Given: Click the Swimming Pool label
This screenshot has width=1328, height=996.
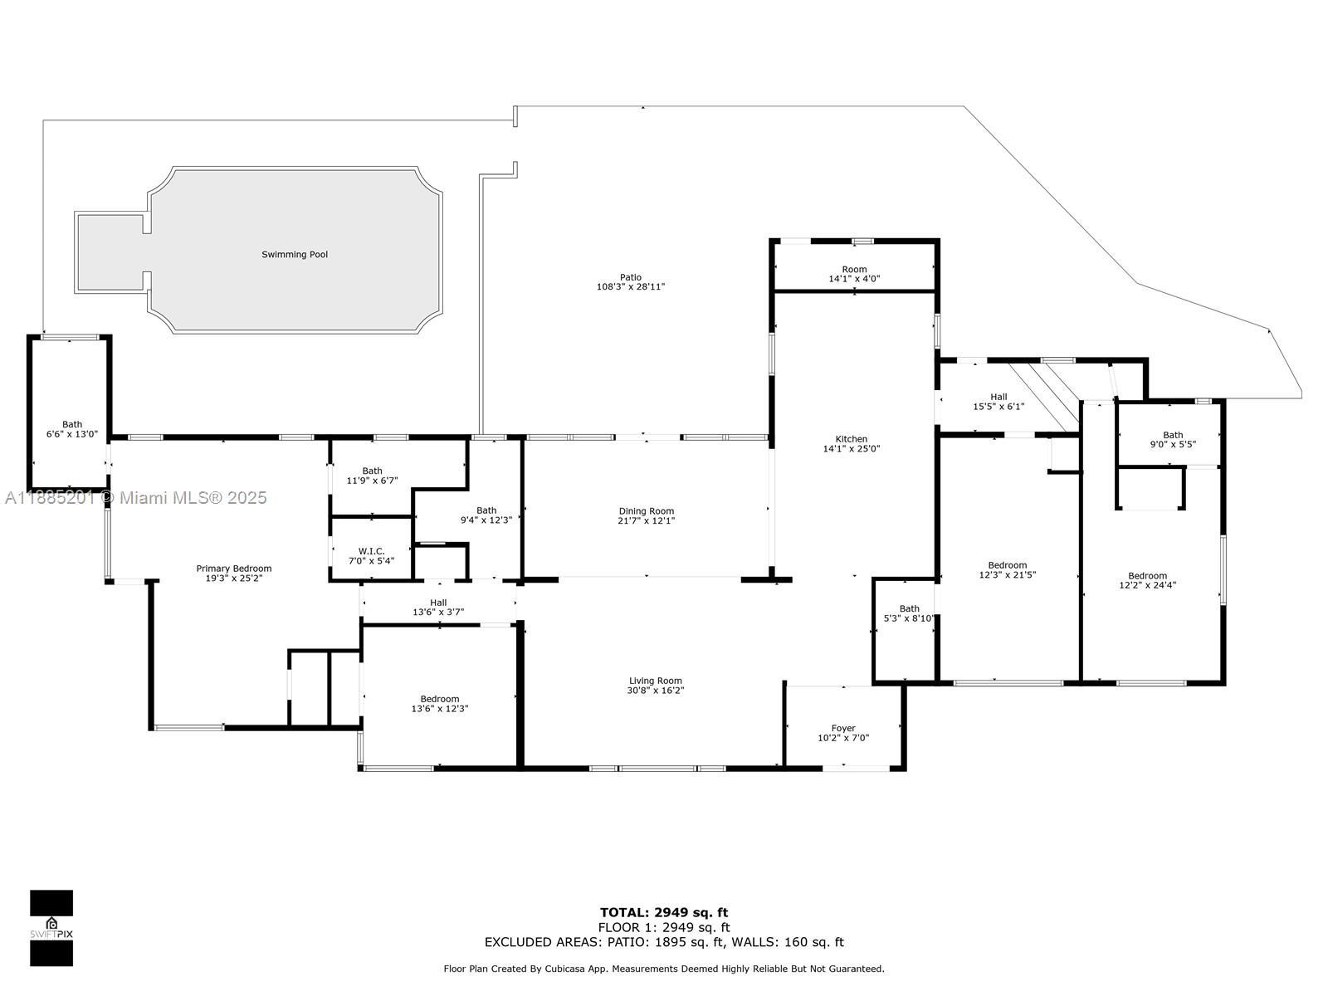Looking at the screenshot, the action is [x=295, y=255].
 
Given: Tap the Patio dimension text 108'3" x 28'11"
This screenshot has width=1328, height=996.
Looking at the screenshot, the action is [x=631, y=286].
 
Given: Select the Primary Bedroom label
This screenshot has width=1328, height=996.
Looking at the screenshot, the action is [x=234, y=569].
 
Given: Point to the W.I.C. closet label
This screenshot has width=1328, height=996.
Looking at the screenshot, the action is [x=372, y=551].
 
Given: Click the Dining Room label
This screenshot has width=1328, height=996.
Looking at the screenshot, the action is [x=646, y=511].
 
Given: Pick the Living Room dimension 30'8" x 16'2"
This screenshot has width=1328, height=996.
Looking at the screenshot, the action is [x=655, y=690].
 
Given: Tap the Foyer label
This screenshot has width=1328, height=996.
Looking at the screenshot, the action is [x=843, y=728].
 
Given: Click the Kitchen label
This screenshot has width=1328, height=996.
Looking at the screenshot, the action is [x=852, y=439].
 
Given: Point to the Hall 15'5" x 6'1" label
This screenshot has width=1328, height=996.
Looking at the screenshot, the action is [x=998, y=402].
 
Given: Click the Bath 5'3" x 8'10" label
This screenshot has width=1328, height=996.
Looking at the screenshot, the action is [x=910, y=613].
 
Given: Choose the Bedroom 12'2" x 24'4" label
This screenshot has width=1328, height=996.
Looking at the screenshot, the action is [x=1148, y=580].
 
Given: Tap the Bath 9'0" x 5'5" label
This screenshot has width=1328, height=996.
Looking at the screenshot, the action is [x=1173, y=440].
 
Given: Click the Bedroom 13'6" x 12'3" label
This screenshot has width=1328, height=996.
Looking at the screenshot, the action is [x=440, y=704].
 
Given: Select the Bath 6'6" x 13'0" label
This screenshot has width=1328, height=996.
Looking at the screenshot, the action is [x=72, y=429].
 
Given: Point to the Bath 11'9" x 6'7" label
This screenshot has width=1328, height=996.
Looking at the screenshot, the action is [x=372, y=476].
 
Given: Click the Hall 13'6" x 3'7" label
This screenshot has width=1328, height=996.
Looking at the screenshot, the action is [x=438, y=608].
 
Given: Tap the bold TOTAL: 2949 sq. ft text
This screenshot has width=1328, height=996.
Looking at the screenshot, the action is [x=664, y=912].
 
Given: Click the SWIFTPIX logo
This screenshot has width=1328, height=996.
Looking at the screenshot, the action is [x=51, y=928].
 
